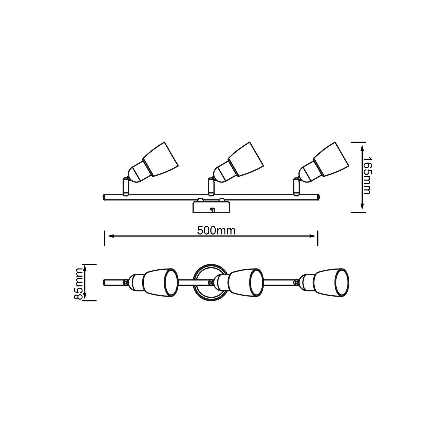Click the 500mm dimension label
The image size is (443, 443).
pos(216,231)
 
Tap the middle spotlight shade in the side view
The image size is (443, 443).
pos(245,159)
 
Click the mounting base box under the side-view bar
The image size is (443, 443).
pos(211,208)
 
